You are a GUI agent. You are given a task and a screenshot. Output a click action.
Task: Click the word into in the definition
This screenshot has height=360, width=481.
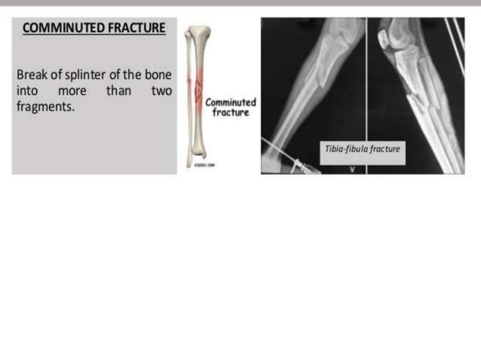[x=27, y=91]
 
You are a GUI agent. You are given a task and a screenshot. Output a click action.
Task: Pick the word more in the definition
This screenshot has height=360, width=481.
[x=72, y=91]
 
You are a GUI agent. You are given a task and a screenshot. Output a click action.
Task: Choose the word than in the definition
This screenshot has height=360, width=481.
[x=118, y=91]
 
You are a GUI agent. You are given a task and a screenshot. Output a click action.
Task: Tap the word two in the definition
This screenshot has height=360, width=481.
[x=161, y=91]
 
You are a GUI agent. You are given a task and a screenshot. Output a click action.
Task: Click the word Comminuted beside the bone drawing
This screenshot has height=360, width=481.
[x=231, y=102]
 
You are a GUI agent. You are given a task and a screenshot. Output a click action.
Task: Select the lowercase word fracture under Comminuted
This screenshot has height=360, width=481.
[x=231, y=112]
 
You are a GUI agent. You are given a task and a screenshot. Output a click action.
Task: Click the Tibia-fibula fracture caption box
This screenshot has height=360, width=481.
[x=362, y=148]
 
